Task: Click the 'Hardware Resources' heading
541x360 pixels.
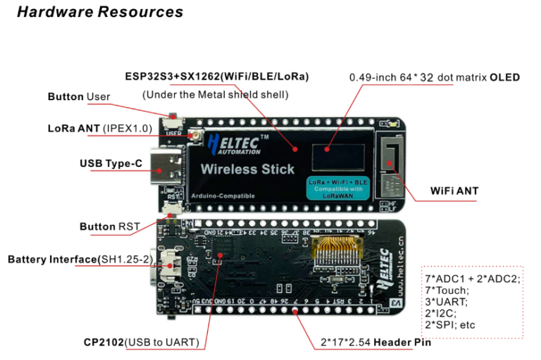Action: click(99, 12)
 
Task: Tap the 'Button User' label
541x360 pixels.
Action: click(79, 97)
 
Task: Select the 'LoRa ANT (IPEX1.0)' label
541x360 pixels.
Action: click(99, 128)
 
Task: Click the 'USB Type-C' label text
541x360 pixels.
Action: click(111, 163)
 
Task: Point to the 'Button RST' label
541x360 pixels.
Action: click(109, 226)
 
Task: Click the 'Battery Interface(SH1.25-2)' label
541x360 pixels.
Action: click(80, 259)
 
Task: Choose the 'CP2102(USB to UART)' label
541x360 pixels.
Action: click(142, 343)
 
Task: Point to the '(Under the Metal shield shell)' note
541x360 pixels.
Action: click(215, 94)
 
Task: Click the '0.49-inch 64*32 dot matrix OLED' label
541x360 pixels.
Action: click(435, 77)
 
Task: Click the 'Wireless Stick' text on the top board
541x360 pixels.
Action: click(247, 169)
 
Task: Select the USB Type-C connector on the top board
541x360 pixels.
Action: click(167, 166)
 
